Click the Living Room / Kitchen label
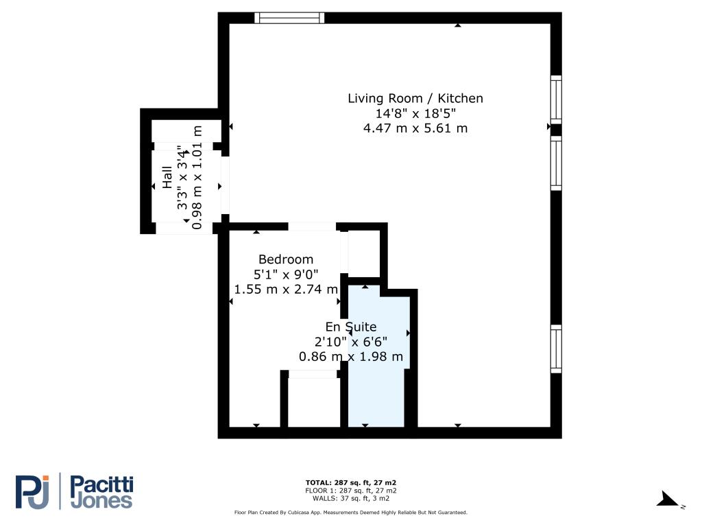pyautogui.click(x=415, y=99)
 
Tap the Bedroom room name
pyautogui.click(x=286, y=259)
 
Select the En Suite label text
pyautogui.click(x=351, y=327)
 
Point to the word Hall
pyautogui.click(x=167, y=177)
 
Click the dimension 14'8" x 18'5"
pyautogui.click(x=415, y=113)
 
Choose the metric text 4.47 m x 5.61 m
pyautogui.click(x=415, y=128)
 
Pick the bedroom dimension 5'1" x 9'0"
pyautogui.click(x=286, y=274)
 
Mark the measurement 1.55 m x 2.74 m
pyautogui.click(x=286, y=289)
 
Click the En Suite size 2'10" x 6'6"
pyautogui.click(x=351, y=342)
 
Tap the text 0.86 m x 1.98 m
pyautogui.click(x=351, y=357)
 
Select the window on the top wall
pyautogui.click(x=289, y=18)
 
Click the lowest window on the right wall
pyautogui.click(x=556, y=349)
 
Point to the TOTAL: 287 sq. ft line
pyautogui.click(x=350, y=482)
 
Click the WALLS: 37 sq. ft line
pyautogui.click(x=350, y=498)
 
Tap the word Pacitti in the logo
pyautogui.click(x=102, y=485)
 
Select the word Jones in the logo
pyautogui.click(x=102, y=502)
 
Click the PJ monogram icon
pyautogui.click(x=32, y=492)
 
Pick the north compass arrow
pyautogui.click(x=668, y=500)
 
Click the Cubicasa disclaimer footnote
pyautogui.click(x=350, y=512)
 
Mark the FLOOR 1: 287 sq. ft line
pyautogui.click(x=350, y=491)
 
